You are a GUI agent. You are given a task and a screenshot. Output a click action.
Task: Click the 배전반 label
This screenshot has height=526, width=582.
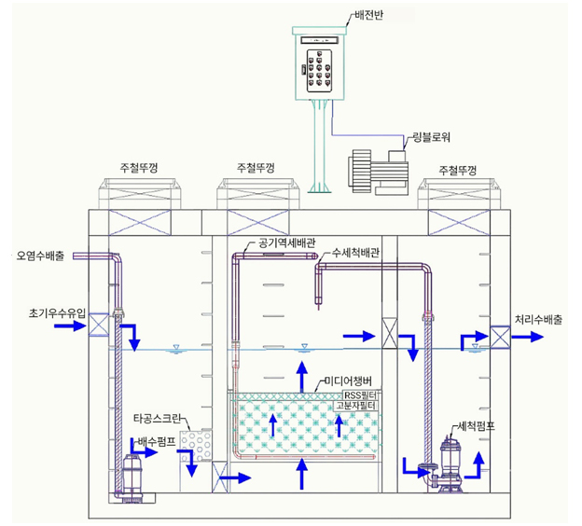[x=368, y=16]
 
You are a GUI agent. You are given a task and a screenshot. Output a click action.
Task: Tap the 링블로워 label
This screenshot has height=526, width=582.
[x=432, y=137]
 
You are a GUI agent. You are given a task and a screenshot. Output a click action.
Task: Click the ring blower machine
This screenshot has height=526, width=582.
[x=379, y=173]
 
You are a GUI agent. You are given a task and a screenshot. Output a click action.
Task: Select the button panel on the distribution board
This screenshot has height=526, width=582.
[x=319, y=71]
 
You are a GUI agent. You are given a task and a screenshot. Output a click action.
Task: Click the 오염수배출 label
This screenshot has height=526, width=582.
[x=40, y=256]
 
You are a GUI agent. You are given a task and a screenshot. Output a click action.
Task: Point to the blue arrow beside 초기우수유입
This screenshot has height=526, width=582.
[x=70, y=325]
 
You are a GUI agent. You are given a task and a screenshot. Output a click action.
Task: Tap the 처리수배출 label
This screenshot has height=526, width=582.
[x=538, y=320]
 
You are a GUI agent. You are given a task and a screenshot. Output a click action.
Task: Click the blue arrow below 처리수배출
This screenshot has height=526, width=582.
[x=528, y=337]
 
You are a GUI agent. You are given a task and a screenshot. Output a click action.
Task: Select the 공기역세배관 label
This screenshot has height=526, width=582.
[x=286, y=243]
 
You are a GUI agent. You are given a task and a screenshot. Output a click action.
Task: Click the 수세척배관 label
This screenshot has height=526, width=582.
[x=355, y=253]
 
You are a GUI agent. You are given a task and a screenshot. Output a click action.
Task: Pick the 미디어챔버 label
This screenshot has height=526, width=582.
[x=348, y=381]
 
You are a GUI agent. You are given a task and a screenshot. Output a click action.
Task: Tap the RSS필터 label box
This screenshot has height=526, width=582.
[x=360, y=395]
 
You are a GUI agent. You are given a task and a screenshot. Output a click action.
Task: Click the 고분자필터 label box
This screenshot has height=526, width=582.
[x=356, y=406]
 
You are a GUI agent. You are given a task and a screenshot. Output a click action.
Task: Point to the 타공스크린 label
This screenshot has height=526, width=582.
[x=157, y=419]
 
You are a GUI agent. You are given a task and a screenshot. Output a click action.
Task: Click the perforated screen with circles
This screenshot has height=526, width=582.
[x=196, y=446]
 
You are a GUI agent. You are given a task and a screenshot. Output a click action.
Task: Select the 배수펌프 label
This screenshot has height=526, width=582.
[x=157, y=442]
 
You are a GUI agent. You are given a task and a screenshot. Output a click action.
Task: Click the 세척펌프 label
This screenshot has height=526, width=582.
[x=477, y=426]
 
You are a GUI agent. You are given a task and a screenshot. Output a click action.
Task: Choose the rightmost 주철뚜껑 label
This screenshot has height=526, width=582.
[x=458, y=171]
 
